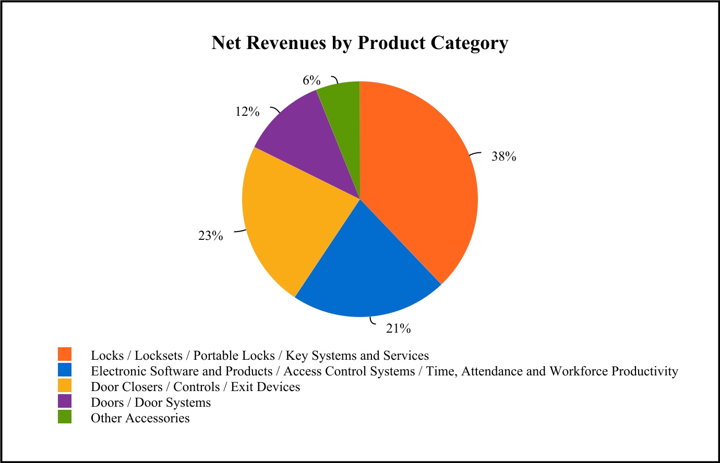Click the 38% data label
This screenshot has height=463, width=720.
click(503, 156)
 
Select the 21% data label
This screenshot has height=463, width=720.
click(398, 328)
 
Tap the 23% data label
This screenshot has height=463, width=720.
click(210, 236)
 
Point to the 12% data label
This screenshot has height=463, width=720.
click(247, 112)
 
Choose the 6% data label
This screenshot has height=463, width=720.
click(311, 80)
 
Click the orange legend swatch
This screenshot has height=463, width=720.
click(65, 354)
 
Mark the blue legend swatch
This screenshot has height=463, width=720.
click(65, 370)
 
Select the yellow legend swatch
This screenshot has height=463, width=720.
click(65, 385)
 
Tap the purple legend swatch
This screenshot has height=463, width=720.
click(65, 401)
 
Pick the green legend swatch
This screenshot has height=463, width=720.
click(65, 417)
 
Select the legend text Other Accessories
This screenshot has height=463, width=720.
click(140, 418)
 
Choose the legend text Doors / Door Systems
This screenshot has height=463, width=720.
click(151, 403)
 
